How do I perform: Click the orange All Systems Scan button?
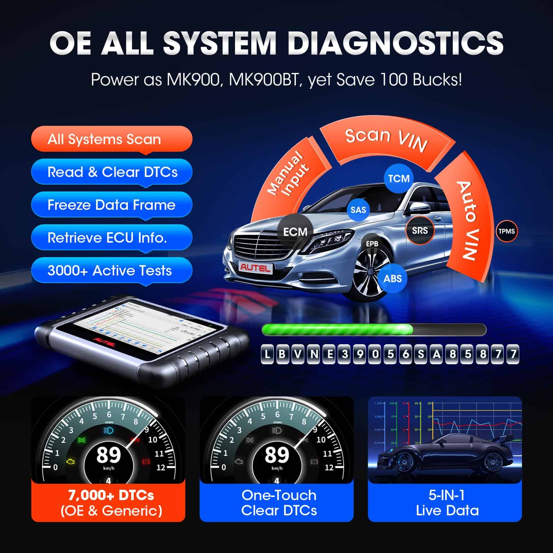click(111, 139)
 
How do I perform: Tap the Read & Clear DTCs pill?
click(111, 172)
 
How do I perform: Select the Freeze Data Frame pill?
click(111, 205)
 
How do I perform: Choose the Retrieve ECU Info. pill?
click(111, 237)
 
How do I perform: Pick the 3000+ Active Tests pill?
click(111, 270)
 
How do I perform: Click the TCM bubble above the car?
click(399, 178)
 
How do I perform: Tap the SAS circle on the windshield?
click(358, 209)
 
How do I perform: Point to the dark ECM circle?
click(295, 231)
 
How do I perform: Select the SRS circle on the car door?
click(420, 230)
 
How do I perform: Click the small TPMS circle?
click(506, 231)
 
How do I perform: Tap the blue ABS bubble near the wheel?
click(393, 278)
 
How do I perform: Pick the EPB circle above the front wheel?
click(372, 244)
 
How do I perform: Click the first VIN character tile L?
click(267, 354)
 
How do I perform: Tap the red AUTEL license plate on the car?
click(256, 267)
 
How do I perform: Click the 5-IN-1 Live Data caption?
click(447, 503)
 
